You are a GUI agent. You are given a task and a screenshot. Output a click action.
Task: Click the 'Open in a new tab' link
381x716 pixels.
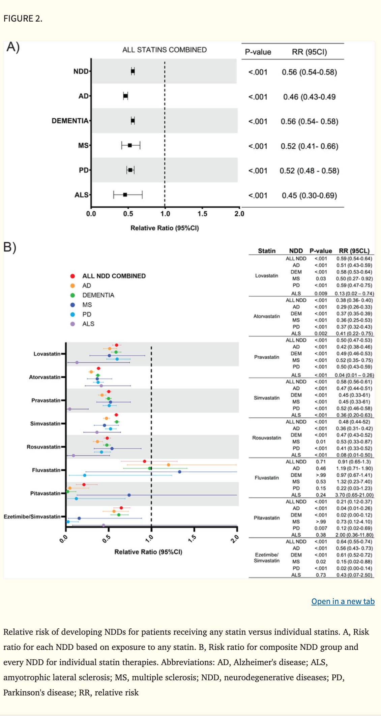click(343, 601)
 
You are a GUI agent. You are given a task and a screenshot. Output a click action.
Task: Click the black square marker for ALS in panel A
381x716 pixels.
click(125, 195)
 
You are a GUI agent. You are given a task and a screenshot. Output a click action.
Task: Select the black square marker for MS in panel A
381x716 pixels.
click(130, 145)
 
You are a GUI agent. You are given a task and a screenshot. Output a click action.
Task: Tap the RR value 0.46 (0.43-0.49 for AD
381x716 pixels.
click(309, 97)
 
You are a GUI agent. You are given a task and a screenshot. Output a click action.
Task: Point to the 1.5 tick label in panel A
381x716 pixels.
click(202, 214)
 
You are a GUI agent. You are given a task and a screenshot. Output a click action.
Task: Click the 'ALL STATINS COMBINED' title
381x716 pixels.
click(164, 50)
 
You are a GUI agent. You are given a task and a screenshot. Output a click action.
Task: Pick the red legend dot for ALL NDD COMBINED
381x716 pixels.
click(72, 276)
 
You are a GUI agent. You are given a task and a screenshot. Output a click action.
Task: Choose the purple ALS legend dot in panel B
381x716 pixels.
click(72, 324)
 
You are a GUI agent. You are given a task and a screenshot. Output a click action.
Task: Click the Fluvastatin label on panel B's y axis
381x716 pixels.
click(46, 470)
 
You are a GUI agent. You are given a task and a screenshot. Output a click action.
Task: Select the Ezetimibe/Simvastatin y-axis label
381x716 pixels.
click(32, 516)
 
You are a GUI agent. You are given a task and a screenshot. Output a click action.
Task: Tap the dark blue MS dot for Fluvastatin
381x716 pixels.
click(179, 472)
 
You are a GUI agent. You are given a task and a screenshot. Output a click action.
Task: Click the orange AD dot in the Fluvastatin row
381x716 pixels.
click(168, 465)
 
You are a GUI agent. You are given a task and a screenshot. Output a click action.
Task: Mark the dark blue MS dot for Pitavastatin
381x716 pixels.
click(129, 495)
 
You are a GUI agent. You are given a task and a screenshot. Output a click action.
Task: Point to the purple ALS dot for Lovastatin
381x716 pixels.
click(77, 362)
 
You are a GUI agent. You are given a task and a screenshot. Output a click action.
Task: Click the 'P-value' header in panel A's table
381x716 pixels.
click(258, 52)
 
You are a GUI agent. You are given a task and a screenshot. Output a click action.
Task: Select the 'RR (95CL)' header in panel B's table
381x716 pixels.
click(354, 251)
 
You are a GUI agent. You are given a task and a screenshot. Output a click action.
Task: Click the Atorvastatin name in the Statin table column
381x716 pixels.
click(267, 316)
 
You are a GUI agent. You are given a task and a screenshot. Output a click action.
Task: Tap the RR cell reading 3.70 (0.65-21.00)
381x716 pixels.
click(354, 495)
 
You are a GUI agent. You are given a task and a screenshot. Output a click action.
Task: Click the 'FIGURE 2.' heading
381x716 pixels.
click(23, 19)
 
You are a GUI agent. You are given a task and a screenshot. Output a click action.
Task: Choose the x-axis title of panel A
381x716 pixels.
click(165, 228)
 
